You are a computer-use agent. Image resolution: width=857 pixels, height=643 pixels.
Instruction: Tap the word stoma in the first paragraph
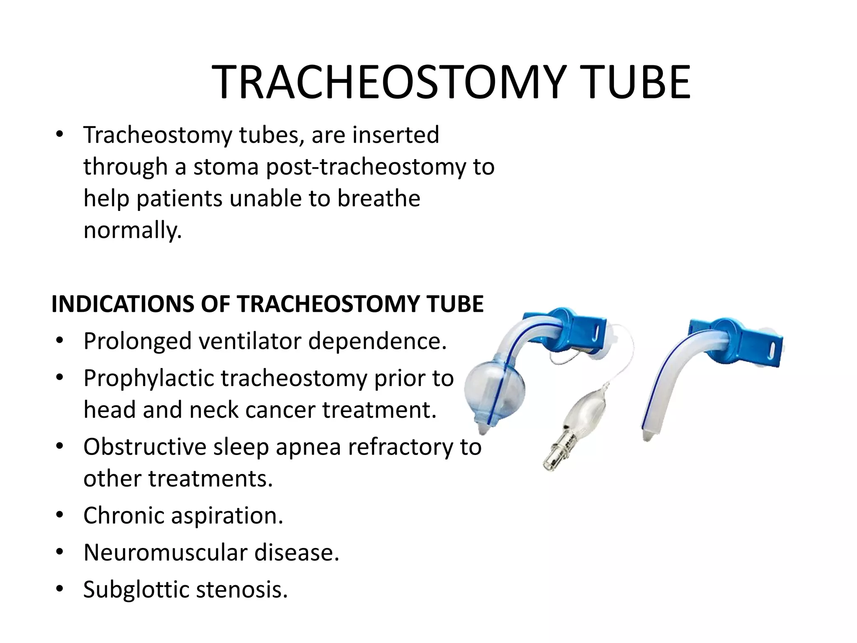[x=226, y=167]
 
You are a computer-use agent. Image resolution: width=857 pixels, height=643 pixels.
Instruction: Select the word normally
[x=133, y=230]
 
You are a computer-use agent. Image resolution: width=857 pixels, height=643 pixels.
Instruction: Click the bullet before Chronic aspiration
[x=60, y=515]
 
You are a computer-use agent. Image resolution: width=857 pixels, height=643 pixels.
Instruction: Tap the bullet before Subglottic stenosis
[x=60, y=589]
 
